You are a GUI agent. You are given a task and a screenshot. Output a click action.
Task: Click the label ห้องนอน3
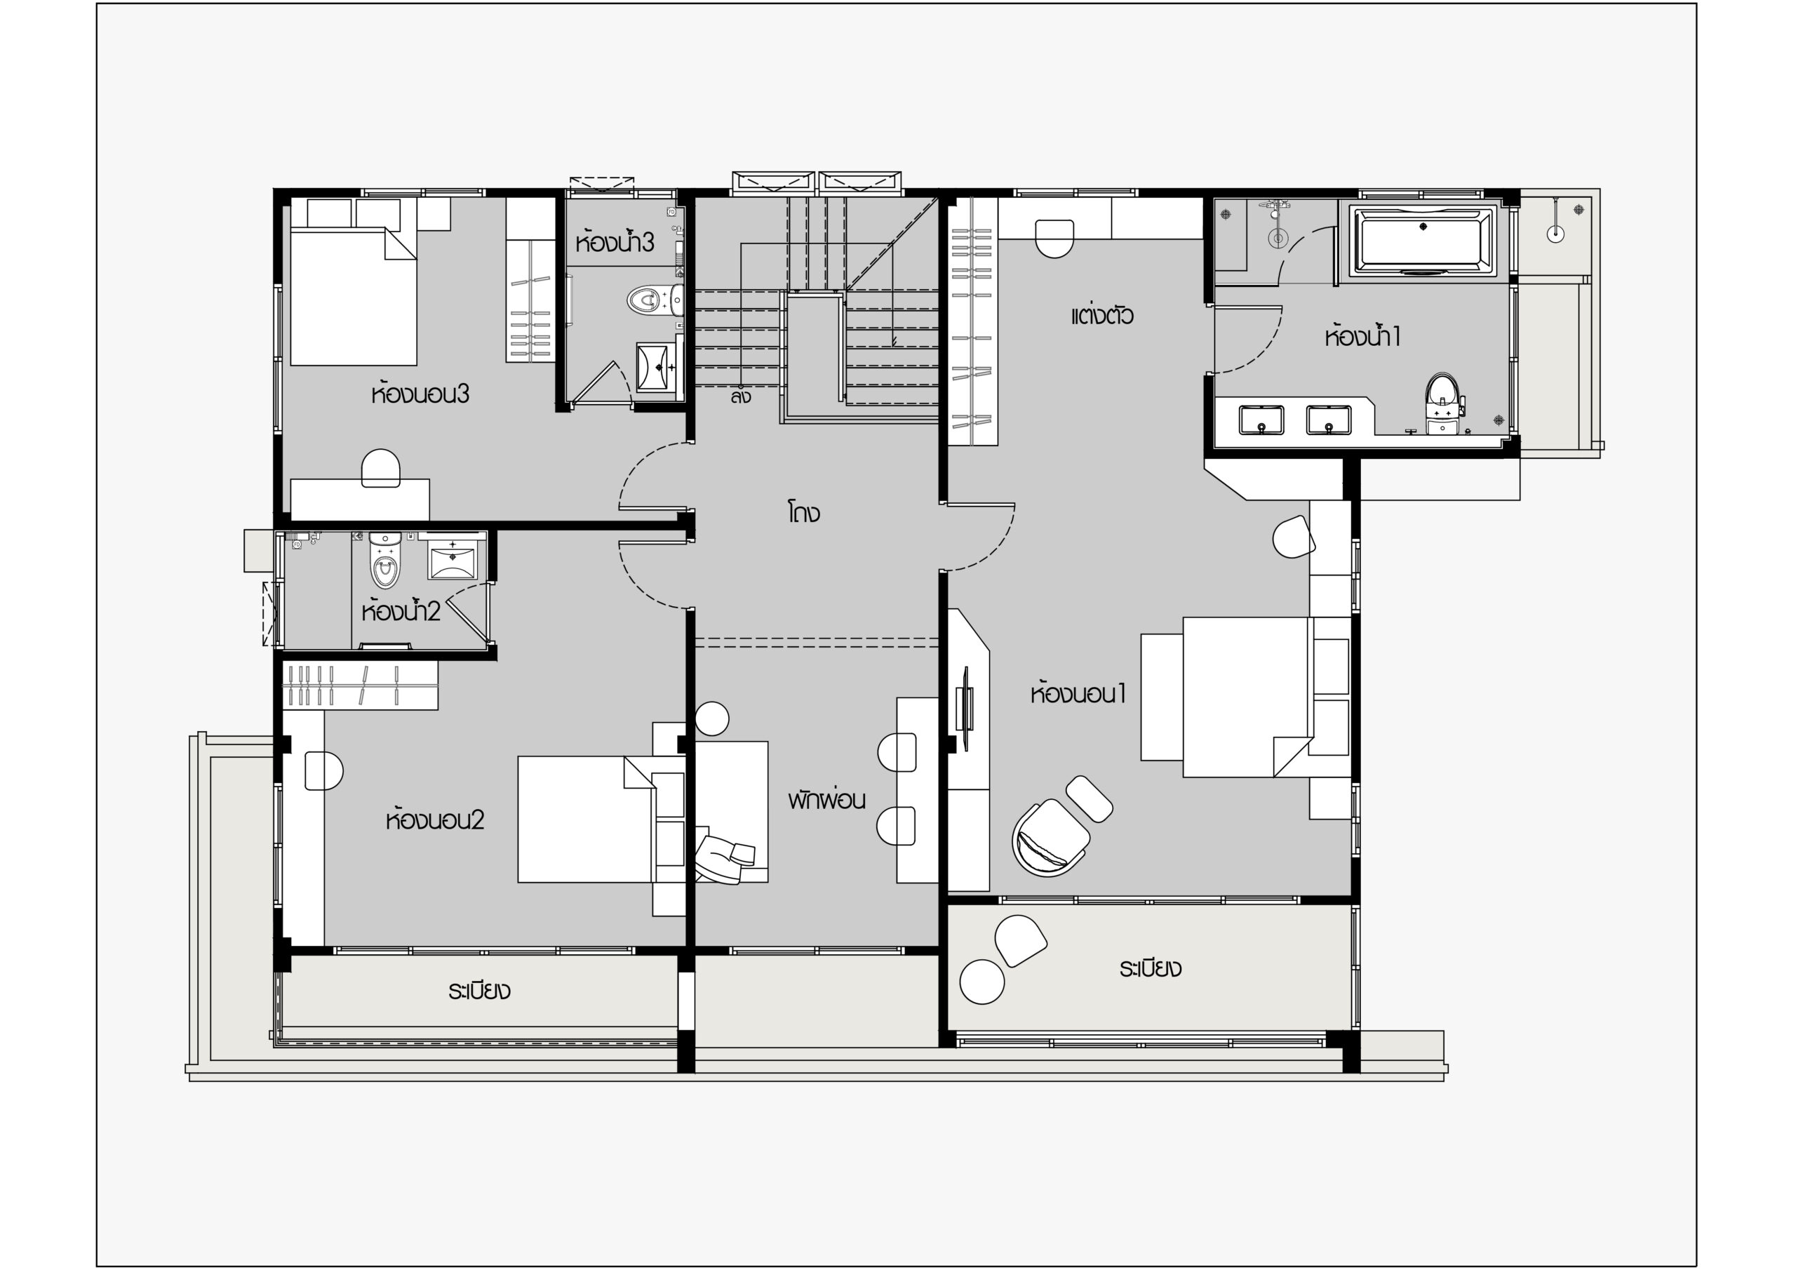(420, 394)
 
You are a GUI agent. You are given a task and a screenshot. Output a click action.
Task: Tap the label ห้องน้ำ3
(614, 242)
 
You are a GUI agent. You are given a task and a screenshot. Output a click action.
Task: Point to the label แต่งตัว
(1101, 314)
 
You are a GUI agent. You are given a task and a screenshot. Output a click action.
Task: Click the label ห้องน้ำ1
(1362, 337)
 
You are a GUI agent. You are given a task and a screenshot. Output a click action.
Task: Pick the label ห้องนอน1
(1078, 693)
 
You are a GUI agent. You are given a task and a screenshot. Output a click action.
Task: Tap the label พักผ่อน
(827, 800)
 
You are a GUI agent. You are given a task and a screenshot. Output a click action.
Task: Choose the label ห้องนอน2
(435, 820)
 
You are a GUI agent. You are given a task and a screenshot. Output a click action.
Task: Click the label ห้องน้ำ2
(401, 610)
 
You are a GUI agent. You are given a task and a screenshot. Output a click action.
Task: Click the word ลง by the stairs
(741, 396)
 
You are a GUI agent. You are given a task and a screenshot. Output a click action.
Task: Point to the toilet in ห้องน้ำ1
(1442, 403)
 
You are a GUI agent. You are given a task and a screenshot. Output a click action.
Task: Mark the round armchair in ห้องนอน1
(1049, 838)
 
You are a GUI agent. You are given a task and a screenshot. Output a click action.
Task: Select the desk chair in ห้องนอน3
(381, 468)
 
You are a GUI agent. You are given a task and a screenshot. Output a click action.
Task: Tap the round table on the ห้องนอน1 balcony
(981, 980)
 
